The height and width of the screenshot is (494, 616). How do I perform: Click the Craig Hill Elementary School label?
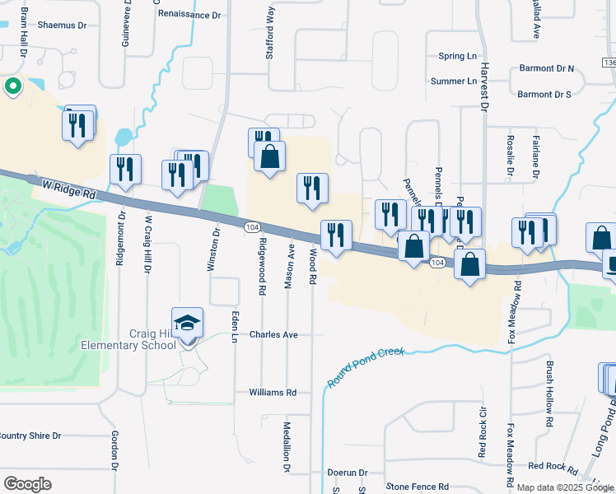pyautogui.click(x=128, y=338)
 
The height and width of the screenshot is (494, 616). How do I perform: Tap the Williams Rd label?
pyautogui.click(x=273, y=393)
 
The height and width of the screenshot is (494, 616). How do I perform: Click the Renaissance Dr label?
pyautogui.click(x=190, y=15)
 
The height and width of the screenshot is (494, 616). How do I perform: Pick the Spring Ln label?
pyautogui.click(x=457, y=56)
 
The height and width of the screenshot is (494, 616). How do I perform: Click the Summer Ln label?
pyautogui.click(x=454, y=82)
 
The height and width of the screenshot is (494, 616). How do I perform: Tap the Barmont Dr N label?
pyautogui.click(x=546, y=69)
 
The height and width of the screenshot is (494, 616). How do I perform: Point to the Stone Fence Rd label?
pyautogui.click(x=417, y=487)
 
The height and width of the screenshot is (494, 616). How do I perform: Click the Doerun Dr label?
pyautogui.click(x=346, y=473)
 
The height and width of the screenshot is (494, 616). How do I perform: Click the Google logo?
pyautogui.click(x=27, y=483)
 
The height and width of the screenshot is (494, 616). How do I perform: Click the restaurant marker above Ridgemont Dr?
pyautogui.click(x=125, y=170)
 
